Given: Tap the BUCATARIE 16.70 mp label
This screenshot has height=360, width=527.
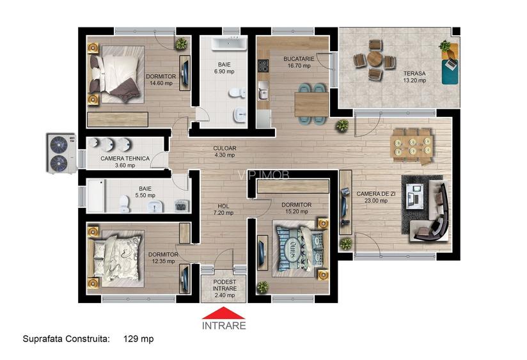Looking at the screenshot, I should coord(297,62).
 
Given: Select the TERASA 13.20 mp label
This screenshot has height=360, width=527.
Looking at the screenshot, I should coord(414,77).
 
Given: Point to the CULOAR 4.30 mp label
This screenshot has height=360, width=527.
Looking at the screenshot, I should coord(224,152).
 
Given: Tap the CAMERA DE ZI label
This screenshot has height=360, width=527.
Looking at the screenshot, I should coord(377,197).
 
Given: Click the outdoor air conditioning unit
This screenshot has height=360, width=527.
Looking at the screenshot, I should coord(59,152).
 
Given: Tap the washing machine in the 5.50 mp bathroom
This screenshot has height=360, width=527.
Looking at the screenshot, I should coord(181,206).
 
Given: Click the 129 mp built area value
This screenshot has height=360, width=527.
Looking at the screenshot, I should coord(138,339).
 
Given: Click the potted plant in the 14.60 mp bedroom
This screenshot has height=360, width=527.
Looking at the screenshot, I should coord(182,43).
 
